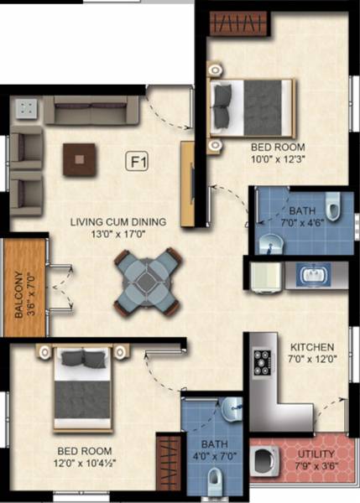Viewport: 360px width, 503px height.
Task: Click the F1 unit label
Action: pos(136,160)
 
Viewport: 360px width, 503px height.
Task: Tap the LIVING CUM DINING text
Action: pos(117,222)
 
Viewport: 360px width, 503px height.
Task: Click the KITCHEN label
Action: pos(312,347)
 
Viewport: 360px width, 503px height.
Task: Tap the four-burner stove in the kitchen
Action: pos(261,361)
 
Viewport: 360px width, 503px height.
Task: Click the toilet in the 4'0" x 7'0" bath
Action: pos(217,479)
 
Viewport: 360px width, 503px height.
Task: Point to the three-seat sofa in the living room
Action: pos(91,109)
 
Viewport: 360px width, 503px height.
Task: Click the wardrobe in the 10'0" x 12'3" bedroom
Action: pos(238,23)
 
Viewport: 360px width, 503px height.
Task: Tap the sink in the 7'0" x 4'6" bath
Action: pos(269,242)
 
